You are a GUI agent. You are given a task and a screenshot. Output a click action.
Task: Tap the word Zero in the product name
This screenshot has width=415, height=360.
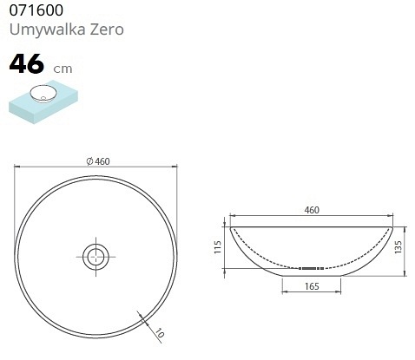point(106,29)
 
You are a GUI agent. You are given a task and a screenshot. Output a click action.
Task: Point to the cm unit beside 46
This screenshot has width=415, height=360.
point(63,69)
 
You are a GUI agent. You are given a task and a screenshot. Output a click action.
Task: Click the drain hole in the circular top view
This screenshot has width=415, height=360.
point(96,254)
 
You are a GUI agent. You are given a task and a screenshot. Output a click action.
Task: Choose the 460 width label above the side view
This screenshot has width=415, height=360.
point(312,210)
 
